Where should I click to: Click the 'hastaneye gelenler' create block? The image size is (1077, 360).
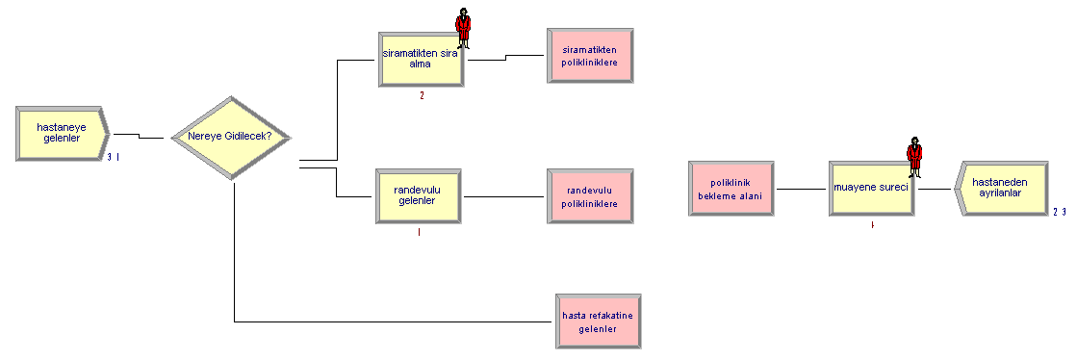(62, 134)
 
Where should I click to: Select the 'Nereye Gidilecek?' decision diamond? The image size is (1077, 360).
(231, 138)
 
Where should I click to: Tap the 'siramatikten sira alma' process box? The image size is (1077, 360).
(421, 59)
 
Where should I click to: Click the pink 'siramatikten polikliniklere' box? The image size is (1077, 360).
(590, 57)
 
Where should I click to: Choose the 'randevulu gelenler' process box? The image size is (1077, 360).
(419, 195)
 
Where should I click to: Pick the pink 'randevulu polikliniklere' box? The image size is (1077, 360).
(590, 195)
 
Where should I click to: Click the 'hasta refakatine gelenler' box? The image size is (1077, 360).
(599, 321)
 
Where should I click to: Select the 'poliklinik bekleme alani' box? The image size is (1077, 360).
(731, 189)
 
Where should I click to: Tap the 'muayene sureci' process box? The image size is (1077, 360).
(872, 189)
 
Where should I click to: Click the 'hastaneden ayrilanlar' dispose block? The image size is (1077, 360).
(1001, 189)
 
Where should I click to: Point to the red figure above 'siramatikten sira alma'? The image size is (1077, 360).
(464, 28)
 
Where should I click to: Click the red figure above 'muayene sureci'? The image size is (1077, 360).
(914, 157)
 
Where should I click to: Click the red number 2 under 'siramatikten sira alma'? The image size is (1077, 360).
(422, 95)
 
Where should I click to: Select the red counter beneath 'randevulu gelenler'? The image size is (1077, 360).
(419, 232)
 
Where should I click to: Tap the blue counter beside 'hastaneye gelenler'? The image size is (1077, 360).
(114, 157)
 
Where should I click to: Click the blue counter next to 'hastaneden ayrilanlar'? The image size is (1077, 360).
(1059, 212)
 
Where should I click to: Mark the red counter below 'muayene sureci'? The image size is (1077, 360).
(872, 224)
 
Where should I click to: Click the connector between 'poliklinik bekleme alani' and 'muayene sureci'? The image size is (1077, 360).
(802, 189)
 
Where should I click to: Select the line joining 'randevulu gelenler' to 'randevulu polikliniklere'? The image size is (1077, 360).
(504, 196)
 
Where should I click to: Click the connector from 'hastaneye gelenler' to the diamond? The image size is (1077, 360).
(140, 136)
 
